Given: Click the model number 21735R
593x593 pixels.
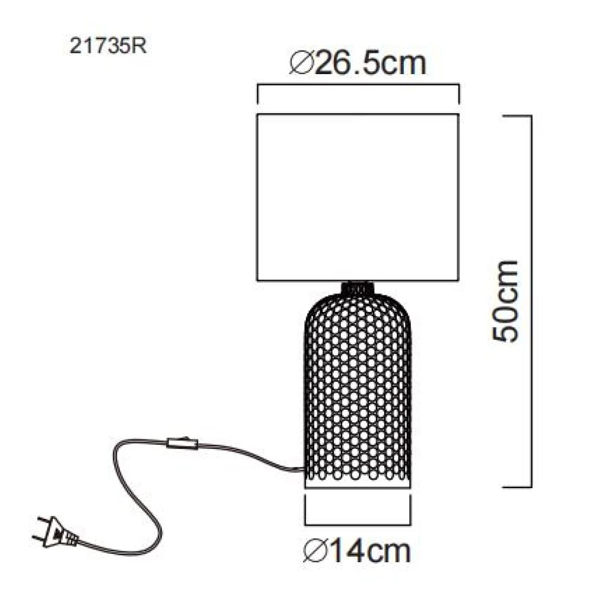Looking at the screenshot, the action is pyautogui.click(x=108, y=47).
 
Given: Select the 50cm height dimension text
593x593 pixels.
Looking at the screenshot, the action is pyautogui.click(x=505, y=301).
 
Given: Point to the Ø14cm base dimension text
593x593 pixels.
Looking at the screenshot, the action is pyautogui.click(x=357, y=551).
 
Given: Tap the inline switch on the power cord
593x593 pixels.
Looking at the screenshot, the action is pyautogui.click(x=183, y=442).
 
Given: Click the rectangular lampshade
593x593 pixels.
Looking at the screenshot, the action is pyautogui.click(x=358, y=197).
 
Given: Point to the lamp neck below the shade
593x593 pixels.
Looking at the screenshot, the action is pyautogui.click(x=358, y=287).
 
